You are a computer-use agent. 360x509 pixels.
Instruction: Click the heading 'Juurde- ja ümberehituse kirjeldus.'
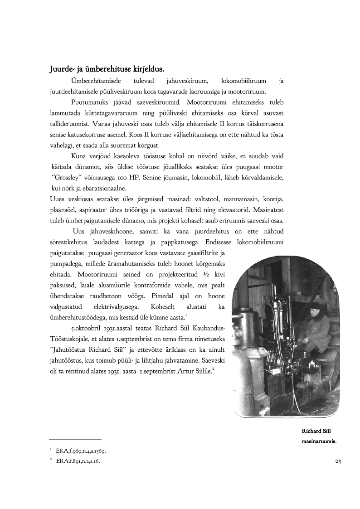tap(107, 69)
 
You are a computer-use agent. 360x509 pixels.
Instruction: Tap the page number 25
tap(337, 461)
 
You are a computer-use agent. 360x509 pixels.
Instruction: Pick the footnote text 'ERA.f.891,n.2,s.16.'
tap(78, 461)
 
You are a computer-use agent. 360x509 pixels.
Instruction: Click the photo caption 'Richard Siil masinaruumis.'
tap(319, 436)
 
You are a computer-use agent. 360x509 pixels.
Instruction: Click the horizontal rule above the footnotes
tap(75, 439)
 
